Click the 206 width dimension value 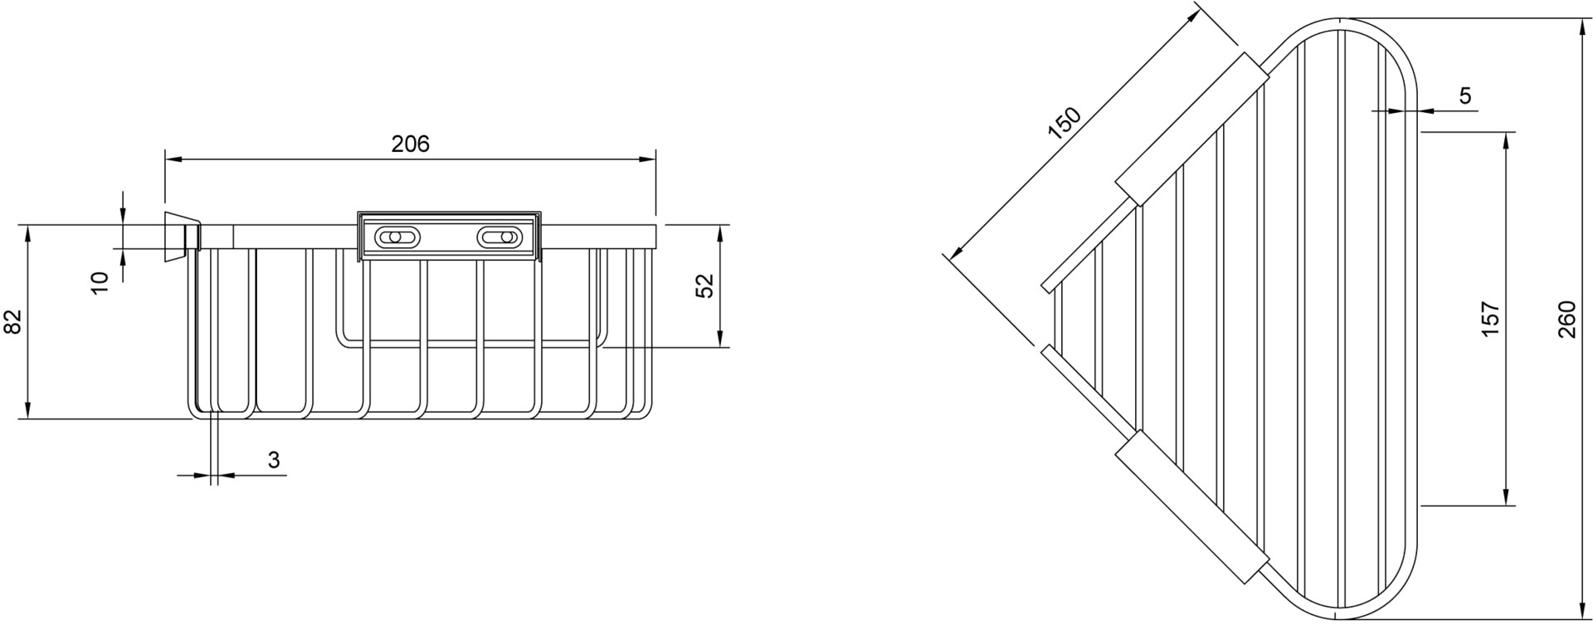click(411, 144)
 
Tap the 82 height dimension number click(12, 321)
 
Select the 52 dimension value click(704, 286)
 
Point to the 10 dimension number click(100, 282)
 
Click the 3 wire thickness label click(274, 460)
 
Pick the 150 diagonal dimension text click(1064, 123)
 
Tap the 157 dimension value click(1491, 319)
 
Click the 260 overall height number click(1566, 319)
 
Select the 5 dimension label click(1465, 96)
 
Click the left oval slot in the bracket click(394, 238)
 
